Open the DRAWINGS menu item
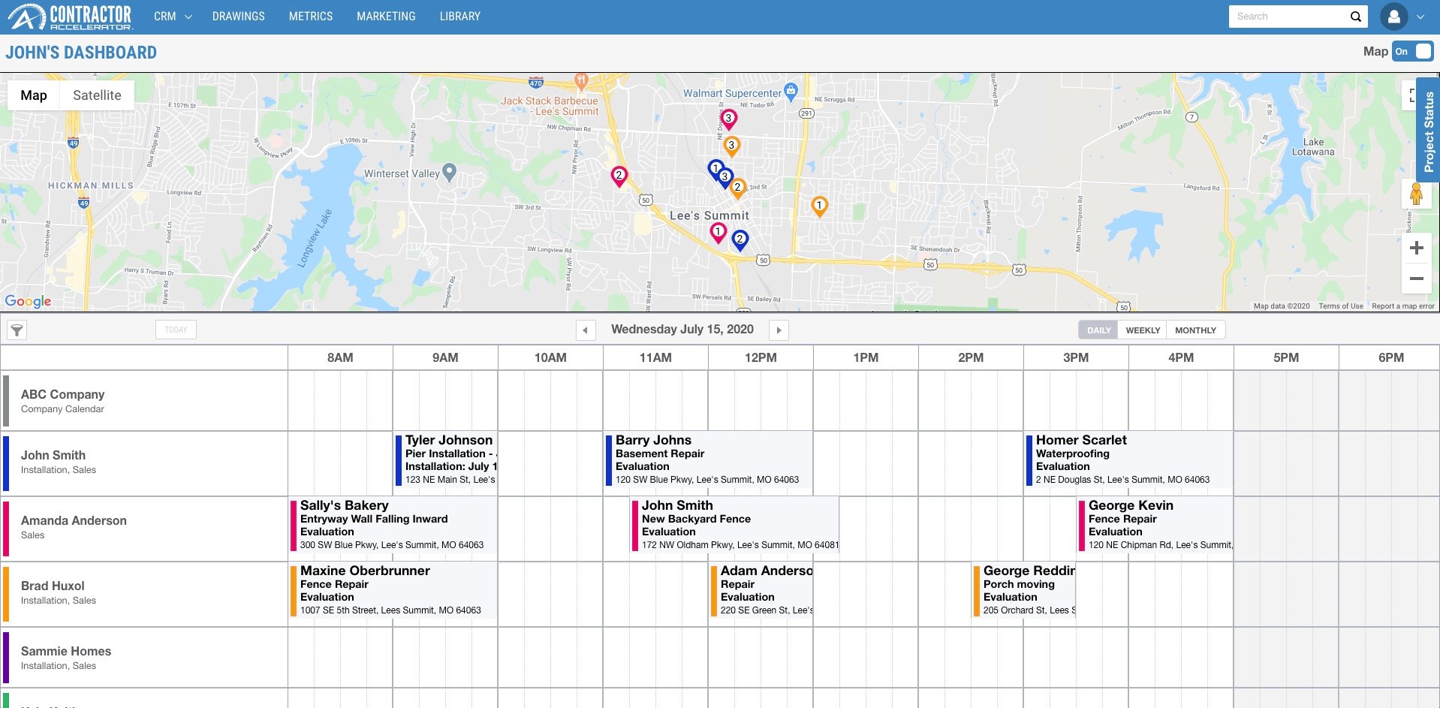[238, 17]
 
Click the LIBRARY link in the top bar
[459, 17]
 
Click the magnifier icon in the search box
[1355, 17]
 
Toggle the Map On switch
[1412, 52]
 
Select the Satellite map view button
[97, 95]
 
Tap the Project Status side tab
[1428, 131]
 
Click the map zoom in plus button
[1416, 248]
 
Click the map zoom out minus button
[1416, 279]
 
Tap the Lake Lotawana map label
[1313, 147]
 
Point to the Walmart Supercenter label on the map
[732, 93]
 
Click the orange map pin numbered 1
[819, 205]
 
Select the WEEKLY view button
[1143, 330]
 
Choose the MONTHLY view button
[1195, 330]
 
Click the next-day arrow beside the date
[779, 330]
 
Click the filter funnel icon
[17, 330]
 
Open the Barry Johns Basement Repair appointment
[707, 459]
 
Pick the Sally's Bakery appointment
[393, 525]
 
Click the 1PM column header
[866, 358]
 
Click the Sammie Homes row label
[66, 657]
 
